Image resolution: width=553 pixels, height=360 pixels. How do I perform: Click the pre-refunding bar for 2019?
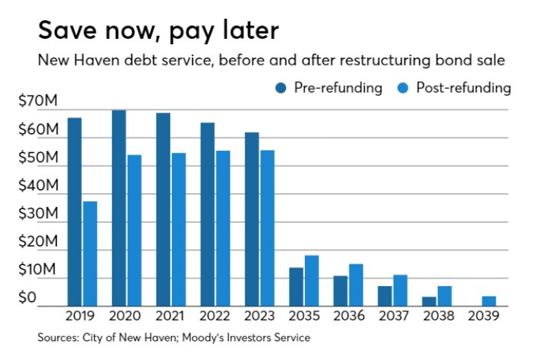point(75,212)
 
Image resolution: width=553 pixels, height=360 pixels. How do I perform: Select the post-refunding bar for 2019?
point(90,254)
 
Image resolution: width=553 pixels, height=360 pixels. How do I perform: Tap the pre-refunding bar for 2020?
point(119,208)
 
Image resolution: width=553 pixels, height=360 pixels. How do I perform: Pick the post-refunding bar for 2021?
point(179,229)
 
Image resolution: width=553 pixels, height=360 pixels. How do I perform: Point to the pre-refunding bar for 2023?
point(252,220)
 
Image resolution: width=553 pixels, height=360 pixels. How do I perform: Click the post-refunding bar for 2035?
point(312,281)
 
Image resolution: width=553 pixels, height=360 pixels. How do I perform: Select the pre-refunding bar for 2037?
point(385,296)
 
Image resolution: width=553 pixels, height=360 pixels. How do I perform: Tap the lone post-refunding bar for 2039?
point(489,301)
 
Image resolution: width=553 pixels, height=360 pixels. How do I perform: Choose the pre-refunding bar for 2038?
point(429,302)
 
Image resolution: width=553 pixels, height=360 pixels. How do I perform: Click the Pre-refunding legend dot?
point(281,88)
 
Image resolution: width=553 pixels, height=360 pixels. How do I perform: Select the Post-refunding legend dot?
point(403,88)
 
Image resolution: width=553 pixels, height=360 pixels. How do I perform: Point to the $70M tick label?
point(37,101)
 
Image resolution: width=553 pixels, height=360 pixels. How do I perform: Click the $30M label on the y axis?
point(38,214)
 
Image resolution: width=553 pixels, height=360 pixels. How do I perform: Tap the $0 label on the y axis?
point(27,297)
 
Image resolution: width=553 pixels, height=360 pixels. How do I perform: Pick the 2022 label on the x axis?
point(214,316)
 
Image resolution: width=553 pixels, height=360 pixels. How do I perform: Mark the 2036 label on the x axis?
point(349,316)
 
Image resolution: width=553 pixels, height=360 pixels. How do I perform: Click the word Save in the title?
point(67,30)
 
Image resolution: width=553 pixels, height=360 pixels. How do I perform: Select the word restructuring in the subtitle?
point(386,60)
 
